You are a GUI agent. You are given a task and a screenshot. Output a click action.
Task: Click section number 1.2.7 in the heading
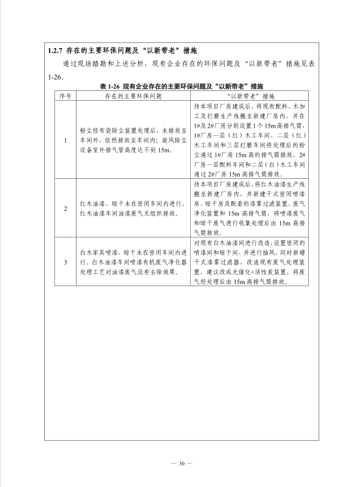tap(55, 51)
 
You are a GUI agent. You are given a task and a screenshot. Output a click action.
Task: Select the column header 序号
tap(65, 95)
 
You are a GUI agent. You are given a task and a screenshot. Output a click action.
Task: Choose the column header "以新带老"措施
tap(250, 95)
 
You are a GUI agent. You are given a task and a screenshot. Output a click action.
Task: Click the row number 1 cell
tap(65, 141)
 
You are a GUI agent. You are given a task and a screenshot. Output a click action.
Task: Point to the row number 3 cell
tap(65, 262)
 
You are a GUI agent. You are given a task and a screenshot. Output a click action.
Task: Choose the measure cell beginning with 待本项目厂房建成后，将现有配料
tap(250, 141)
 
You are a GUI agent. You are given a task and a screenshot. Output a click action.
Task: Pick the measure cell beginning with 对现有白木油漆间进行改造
tap(250, 262)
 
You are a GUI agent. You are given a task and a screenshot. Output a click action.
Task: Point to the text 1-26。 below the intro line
tap(56, 77)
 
